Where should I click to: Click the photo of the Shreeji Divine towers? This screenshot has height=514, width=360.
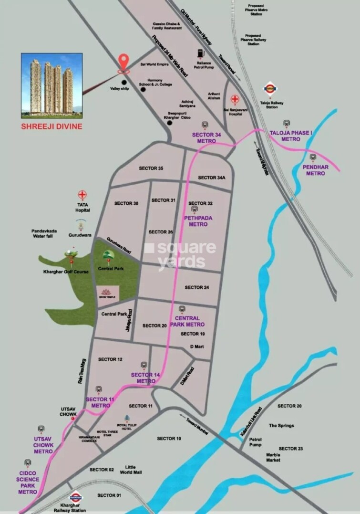click(x=51, y=85)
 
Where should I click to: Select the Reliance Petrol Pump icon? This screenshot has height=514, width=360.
click(x=199, y=54)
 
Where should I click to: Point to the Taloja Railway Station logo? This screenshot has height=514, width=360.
click(x=270, y=89)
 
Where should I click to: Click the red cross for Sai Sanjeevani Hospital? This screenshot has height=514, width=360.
click(x=235, y=99)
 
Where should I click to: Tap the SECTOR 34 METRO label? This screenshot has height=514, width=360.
click(x=206, y=138)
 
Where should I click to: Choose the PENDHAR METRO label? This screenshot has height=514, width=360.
click(x=315, y=170)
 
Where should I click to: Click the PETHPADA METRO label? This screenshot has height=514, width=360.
click(x=198, y=221)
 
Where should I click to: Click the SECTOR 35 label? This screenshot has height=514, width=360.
click(x=151, y=168)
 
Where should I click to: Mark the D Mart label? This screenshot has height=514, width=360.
click(x=197, y=346)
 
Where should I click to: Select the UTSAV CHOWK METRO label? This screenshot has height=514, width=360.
click(x=43, y=445)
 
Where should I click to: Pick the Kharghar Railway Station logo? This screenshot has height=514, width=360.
click(x=76, y=497)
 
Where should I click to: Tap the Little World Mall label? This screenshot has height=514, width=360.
click(x=131, y=470)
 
